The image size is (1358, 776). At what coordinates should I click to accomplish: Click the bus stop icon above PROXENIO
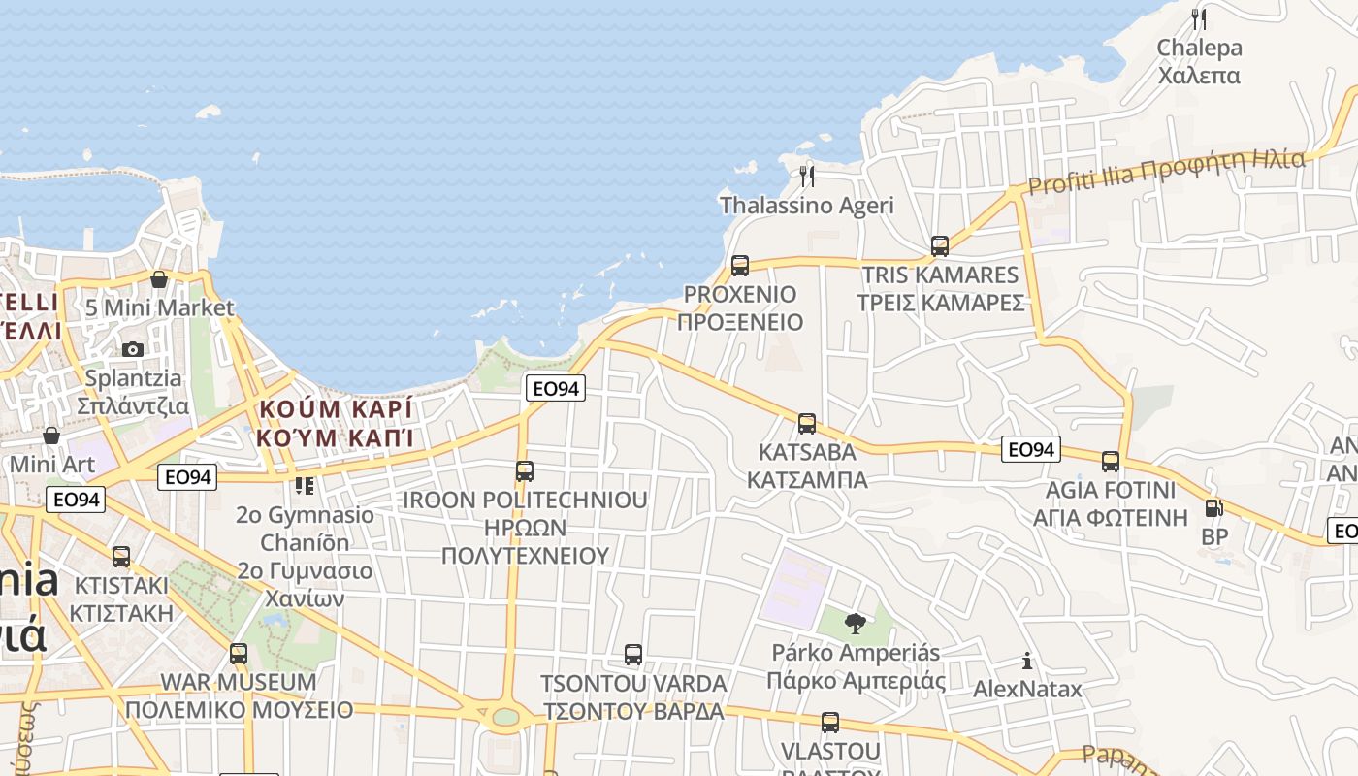740,265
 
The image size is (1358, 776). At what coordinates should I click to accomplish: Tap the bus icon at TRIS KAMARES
939,245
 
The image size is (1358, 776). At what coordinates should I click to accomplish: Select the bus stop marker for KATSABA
806,423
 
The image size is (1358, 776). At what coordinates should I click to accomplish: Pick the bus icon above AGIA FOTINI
1111,461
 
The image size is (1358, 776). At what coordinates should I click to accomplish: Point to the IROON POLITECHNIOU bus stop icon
525,471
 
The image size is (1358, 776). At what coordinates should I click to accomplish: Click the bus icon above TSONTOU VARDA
633,655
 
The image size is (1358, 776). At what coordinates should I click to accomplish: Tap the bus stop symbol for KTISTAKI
121,557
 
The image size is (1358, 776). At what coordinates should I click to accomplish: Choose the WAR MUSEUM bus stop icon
239,653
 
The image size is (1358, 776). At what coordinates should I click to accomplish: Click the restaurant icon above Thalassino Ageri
806,176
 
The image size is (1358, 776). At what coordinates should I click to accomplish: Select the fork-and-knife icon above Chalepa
1199,18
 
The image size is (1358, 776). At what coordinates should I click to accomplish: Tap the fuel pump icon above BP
1212,507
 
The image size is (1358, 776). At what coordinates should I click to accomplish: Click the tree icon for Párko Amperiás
855,623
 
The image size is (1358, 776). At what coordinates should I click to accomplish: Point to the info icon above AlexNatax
1027,662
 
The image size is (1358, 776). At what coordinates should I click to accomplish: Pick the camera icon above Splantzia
133,349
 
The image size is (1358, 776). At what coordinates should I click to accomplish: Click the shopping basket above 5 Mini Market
159,279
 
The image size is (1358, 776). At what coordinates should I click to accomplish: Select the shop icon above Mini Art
51,436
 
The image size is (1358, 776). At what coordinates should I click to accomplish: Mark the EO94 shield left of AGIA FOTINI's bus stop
1031,449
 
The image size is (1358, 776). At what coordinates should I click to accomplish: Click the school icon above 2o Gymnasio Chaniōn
305,485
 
